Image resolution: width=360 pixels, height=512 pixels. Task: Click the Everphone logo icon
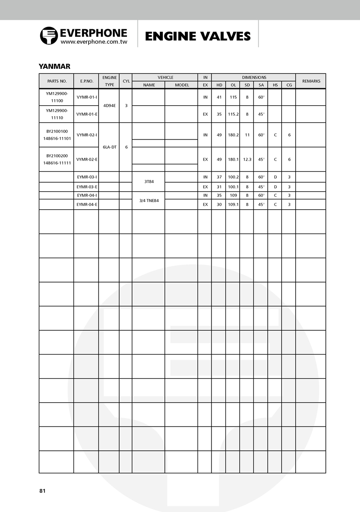click(x=49, y=36)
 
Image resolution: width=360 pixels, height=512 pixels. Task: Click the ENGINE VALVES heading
click(x=198, y=36)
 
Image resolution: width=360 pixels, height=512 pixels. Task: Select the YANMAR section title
click(x=54, y=66)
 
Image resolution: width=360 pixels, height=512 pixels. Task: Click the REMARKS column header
click(x=311, y=81)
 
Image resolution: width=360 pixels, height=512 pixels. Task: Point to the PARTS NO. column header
click(x=57, y=81)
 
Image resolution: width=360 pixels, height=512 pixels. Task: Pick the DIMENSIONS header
click(x=254, y=77)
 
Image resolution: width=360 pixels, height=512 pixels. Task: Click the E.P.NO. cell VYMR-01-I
click(x=86, y=97)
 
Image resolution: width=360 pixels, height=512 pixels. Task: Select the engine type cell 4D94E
click(x=109, y=106)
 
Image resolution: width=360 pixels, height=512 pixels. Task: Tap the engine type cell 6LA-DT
click(x=109, y=147)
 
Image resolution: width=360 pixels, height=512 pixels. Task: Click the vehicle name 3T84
click(x=149, y=182)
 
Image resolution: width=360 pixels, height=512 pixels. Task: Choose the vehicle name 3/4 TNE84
click(x=149, y=200)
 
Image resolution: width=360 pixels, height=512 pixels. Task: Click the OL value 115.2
click(x=233, y=114)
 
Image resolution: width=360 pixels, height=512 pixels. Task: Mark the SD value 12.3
click(x=247, y=159)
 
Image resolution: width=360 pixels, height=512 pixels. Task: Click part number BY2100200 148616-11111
click(x=57, y=159)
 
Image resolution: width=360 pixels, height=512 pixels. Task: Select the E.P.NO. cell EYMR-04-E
click(x=86, y=204)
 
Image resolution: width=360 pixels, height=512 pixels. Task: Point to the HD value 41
click(x=219, y=97)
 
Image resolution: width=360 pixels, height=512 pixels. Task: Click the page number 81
click(x=42, y=490)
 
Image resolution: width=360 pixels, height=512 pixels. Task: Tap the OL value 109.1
click(x=233, y=204)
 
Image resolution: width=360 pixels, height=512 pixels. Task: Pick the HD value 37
click(x=219, y=177)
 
